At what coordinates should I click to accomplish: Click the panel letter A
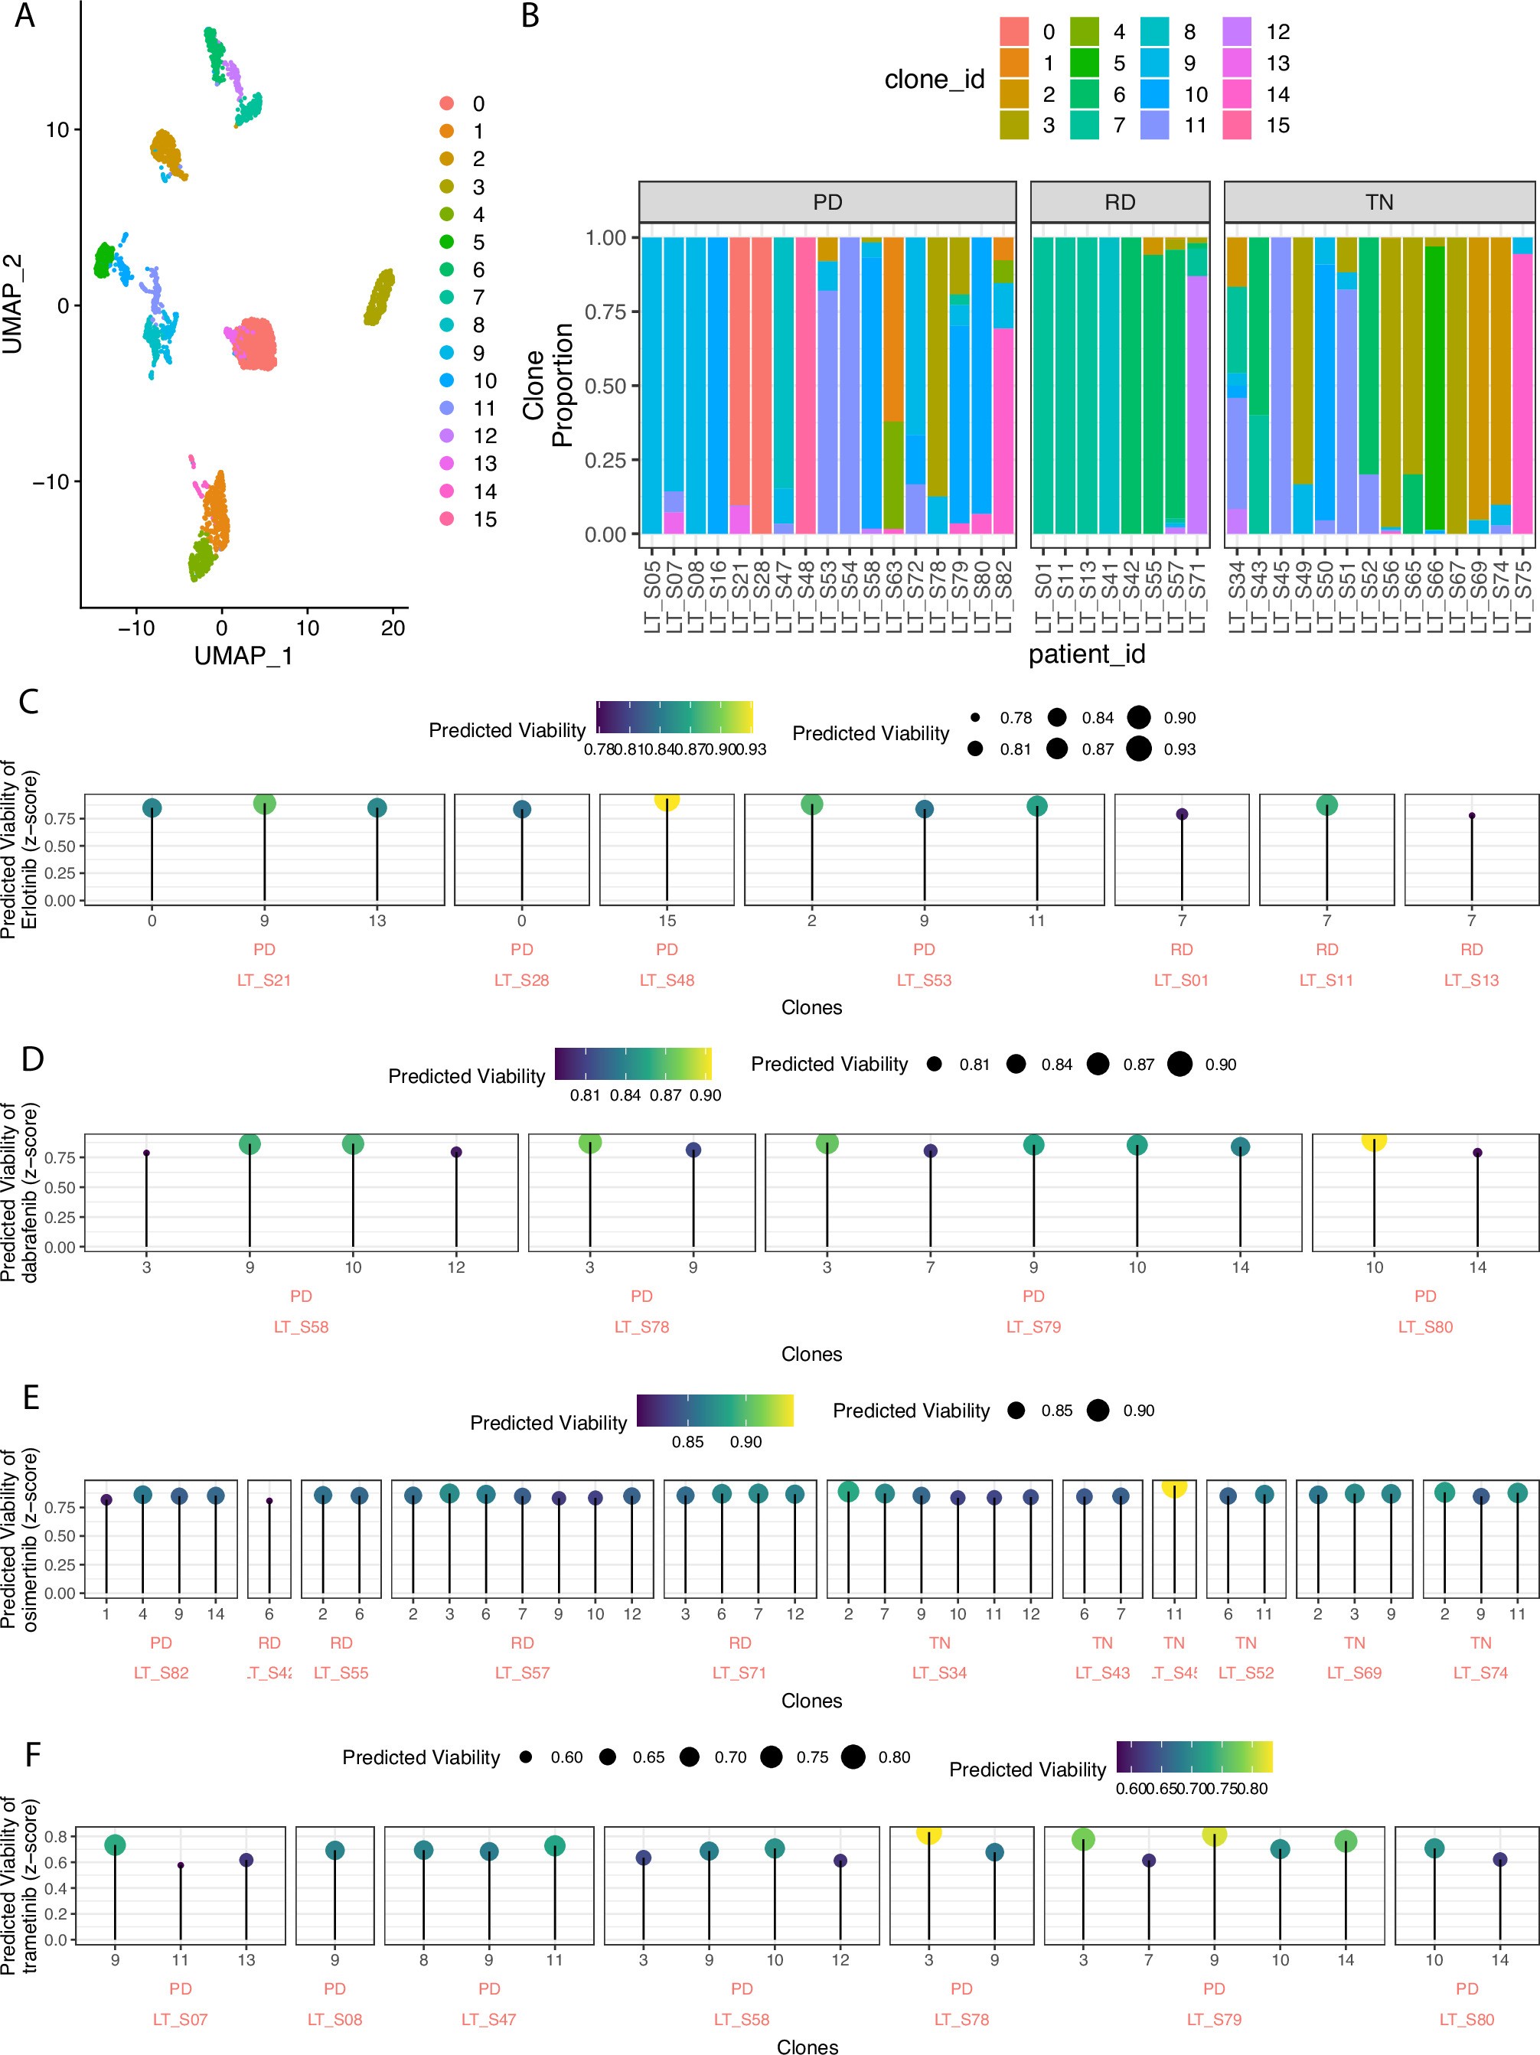click(25, 16)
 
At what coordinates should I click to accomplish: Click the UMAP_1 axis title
click(243, 656)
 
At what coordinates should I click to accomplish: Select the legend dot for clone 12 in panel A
click(447, 435)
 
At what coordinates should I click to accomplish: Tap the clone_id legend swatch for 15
click(1236, 126)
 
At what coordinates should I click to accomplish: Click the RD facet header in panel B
click(1119, 203)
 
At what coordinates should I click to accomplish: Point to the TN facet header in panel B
click(1378, 203)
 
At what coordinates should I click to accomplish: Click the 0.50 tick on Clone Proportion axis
click(605, 386)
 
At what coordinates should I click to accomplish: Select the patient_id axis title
click(1086, 654)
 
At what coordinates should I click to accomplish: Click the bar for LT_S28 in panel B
click(762, 386)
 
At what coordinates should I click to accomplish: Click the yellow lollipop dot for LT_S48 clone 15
click(667, 799)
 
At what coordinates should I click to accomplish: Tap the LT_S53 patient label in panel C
click(923, 980)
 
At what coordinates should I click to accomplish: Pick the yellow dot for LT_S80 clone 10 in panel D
click(1374, 1140)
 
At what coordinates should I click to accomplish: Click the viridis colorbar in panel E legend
click(714, 1411)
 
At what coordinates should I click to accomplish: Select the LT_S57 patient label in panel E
click(522, 1673)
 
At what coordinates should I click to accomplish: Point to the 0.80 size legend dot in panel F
click(853, 1757)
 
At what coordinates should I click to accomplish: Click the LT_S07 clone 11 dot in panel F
click(180, 1865)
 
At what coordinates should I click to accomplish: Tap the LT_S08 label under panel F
click(334, 2020)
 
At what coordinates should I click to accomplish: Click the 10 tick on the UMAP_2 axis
click(57, 130)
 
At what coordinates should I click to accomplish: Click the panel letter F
click(31, 1755)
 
